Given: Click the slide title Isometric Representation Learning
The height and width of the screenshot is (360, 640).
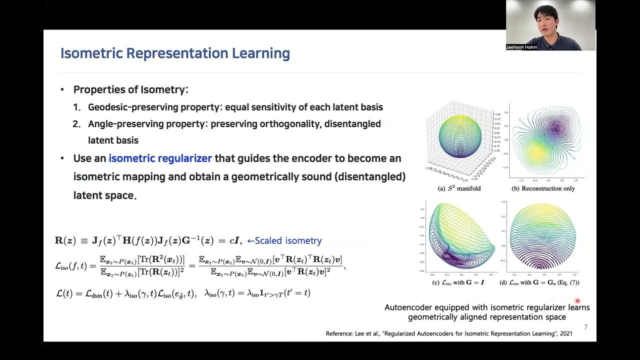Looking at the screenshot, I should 175,53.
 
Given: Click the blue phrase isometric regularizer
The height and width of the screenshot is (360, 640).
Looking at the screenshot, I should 160,158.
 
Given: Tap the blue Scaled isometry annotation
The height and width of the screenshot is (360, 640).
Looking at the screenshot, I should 284,240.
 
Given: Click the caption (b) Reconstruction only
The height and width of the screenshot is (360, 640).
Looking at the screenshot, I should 543,188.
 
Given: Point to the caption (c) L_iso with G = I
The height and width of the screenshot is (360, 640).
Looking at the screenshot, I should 456,282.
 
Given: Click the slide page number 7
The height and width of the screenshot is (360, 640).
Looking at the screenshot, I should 585,327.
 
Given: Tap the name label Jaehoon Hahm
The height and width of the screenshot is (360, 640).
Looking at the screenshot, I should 521,47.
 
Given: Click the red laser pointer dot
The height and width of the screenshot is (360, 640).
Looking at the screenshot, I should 577,300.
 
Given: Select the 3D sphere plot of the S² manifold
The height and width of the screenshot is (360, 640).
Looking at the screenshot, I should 459,136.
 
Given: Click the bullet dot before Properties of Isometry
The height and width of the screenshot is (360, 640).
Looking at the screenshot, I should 62,90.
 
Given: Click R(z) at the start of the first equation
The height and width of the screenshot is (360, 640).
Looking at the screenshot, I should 65,240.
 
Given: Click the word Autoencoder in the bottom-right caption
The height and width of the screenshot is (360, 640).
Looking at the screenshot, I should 408,307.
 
